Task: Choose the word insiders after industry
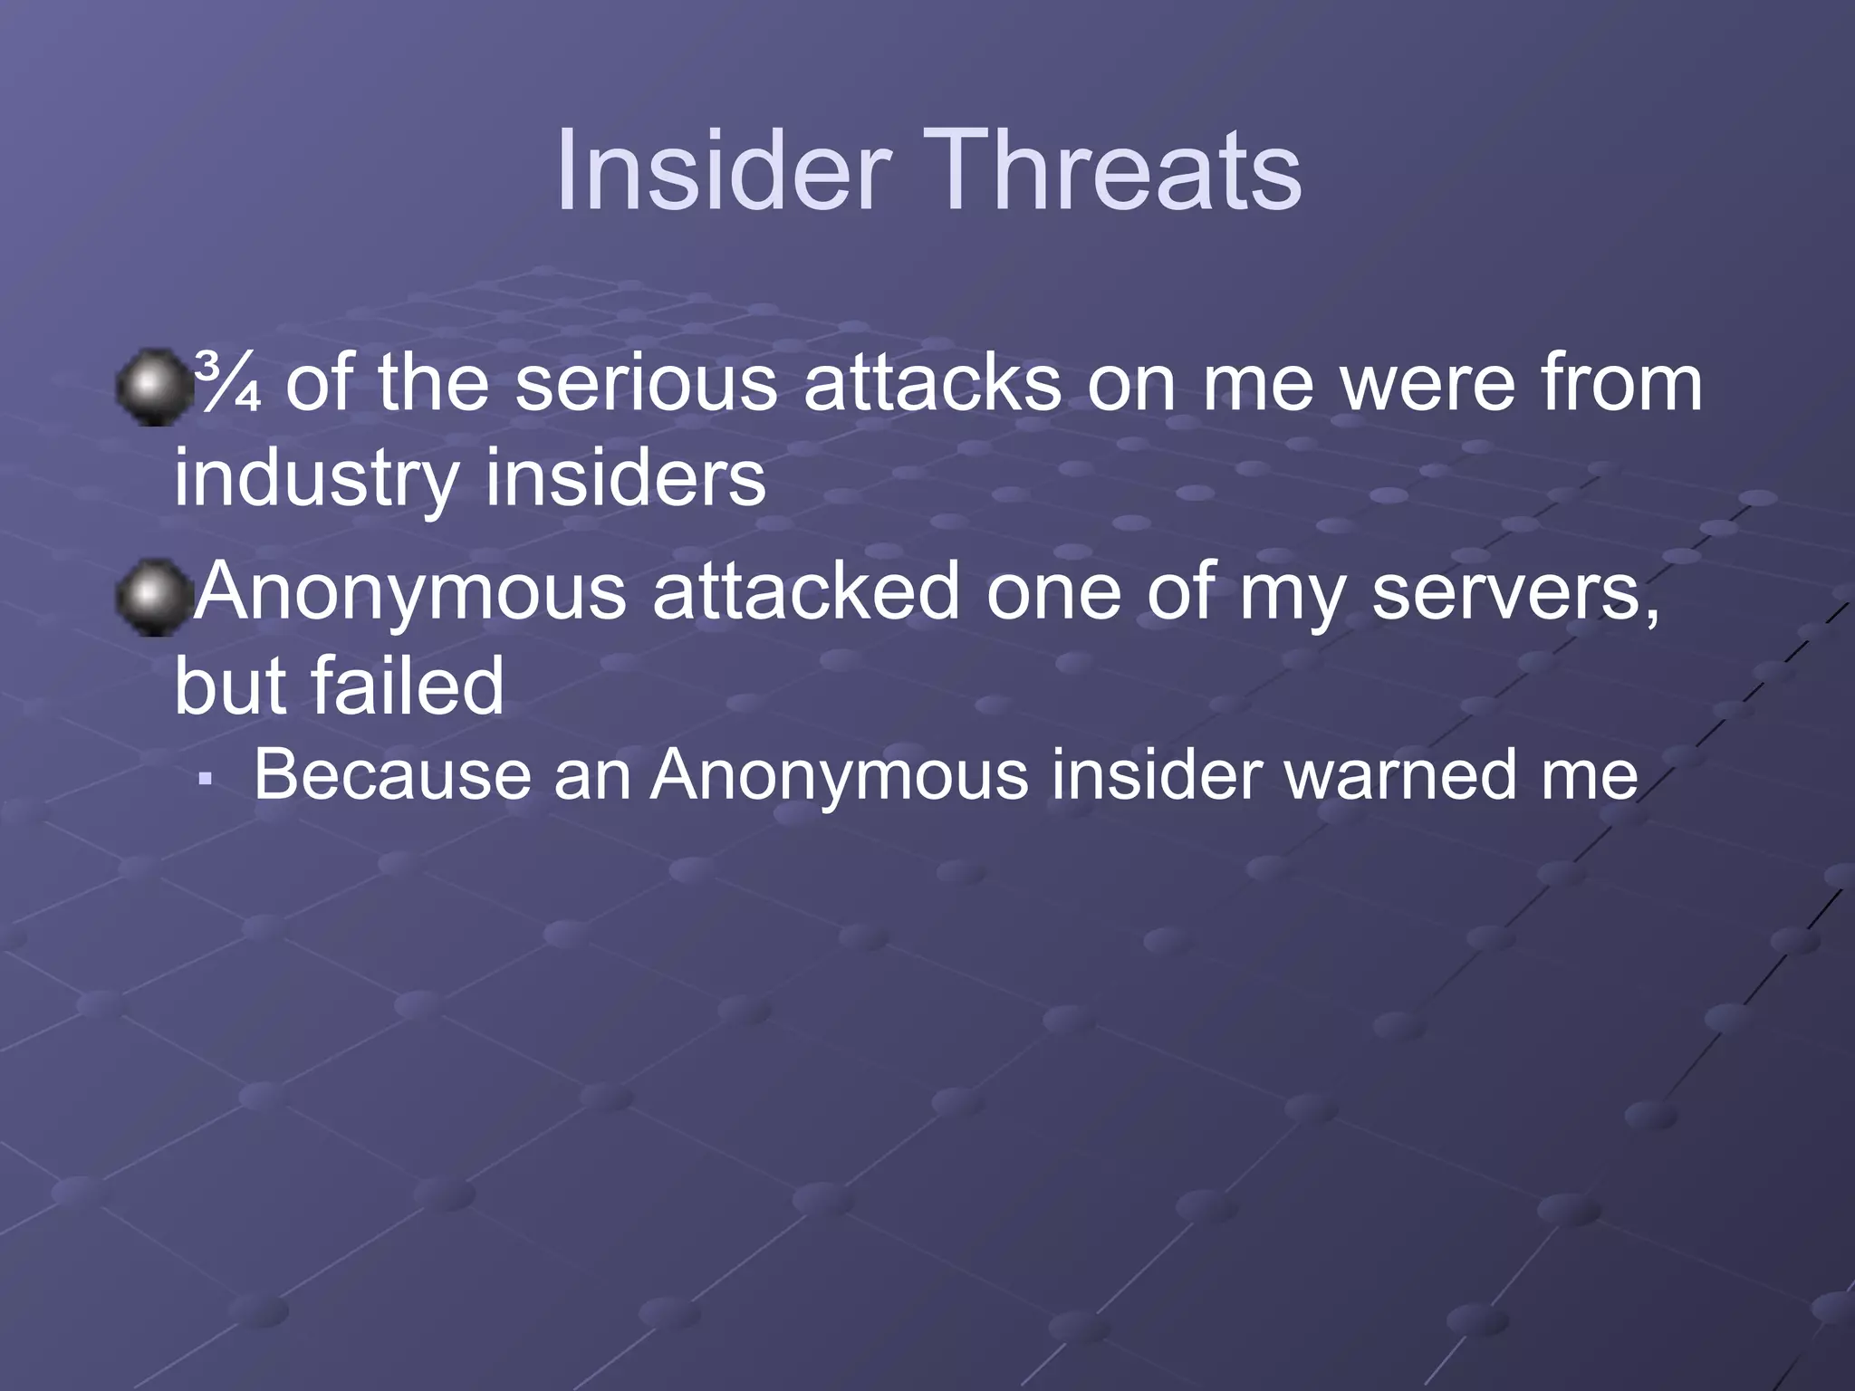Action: coord(625,477)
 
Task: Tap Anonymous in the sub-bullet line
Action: coord(839,777)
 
